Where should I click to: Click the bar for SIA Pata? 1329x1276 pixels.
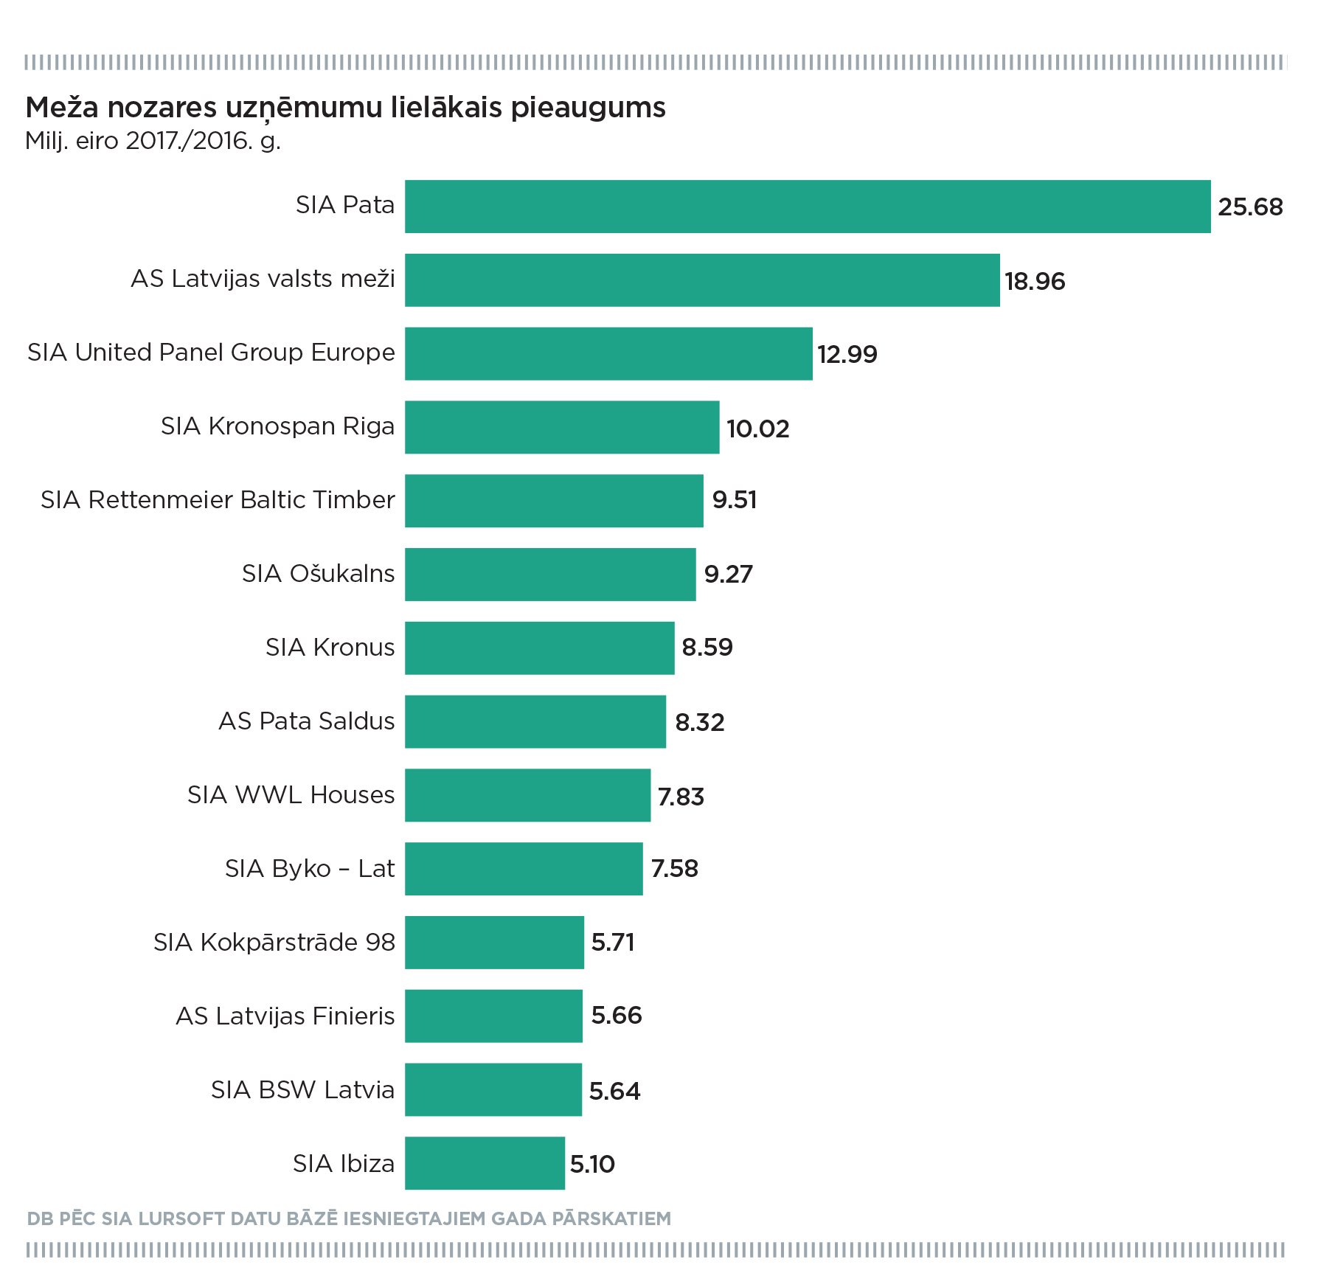pyautogui.click(x=808, y=207)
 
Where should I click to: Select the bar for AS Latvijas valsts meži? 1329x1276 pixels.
pyautogui.click(x=702, y=280)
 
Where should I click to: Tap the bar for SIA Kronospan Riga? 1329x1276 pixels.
pyautogui.click(x=562, y=427)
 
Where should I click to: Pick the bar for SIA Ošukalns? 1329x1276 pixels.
pyautogui.click(x=550, y=575)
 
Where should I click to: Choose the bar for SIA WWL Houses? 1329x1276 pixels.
pyautogui.click(x=527, y=795)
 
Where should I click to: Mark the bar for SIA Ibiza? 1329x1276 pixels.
pyautogui.click(x=485, y=1163)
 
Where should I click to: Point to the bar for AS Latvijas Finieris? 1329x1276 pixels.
pyautogui.click(x=493, y=1016)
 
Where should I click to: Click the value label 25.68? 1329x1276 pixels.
pyautogui.click(x=1250, y=207)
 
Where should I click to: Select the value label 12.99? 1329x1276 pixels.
pyautogui.click(x=847, y=355)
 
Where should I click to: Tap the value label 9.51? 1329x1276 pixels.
pyautogui.click(x=735, y=500)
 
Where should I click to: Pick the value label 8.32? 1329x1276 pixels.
pyautogui.click(x=700, y=722)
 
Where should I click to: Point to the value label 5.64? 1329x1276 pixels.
pyautogui.click(x=614, y=1091)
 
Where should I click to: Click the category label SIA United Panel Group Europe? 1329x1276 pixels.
pyautogui.click(x=211, y=353)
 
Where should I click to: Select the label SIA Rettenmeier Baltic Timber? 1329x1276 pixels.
pyautogui.click(x=218, y=500)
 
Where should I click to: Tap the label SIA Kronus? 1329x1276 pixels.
pyautogui.click(x=330, y=648)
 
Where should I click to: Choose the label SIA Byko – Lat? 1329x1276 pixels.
pyautogui.click(x=310, y=869)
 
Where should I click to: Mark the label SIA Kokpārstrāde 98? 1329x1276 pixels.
pyautogui.click(x=274, y=942)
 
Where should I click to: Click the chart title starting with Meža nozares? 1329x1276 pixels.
pyautogui.click(x=346, y=108)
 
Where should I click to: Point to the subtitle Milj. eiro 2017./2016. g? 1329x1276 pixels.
pyautogui.click(x=153, y=140)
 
